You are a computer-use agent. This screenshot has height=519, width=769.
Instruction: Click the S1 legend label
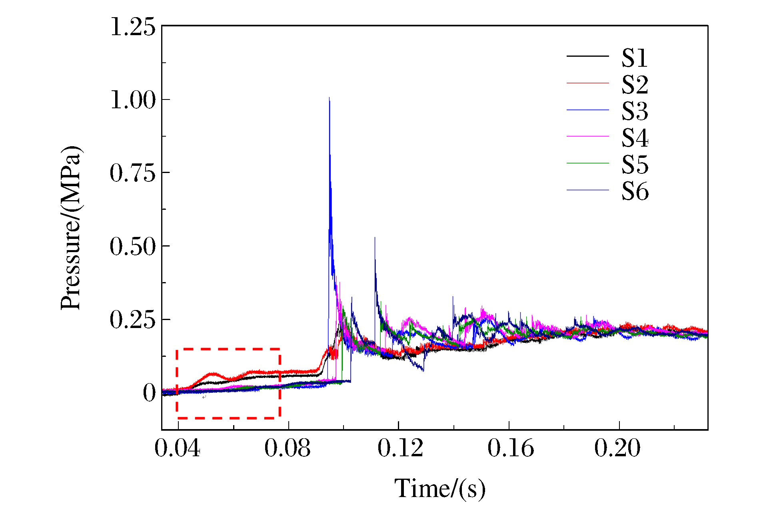tap(634, 58)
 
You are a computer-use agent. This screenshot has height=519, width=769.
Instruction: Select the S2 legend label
tap(634, 85)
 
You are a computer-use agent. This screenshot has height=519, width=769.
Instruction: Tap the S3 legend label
tap(634, 111)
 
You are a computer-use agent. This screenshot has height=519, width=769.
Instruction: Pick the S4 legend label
tap(634, 138)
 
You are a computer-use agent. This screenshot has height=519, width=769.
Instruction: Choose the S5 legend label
tap(634, 165)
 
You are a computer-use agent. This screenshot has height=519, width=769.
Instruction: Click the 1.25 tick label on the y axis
tap(133, 27)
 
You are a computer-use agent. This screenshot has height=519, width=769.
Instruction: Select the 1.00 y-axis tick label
tap(133, 100)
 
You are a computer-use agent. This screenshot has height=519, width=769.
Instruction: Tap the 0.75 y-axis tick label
tap(133, 173)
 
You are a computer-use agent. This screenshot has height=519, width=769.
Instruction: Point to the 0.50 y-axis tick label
tap(133, 246)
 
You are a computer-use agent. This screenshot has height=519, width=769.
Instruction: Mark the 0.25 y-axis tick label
tap(133, 319)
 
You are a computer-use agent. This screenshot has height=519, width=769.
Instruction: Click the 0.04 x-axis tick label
tap(178, 448)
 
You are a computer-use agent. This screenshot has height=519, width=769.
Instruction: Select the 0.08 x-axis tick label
tap(288, 448)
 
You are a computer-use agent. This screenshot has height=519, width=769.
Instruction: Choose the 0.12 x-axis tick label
tap(400, 448)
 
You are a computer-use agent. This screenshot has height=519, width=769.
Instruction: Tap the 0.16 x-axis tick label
tap(511, 448)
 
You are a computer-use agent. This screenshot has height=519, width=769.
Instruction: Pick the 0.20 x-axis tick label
tap(617, 448)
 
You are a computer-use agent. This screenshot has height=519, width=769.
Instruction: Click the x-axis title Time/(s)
tap(440, 488)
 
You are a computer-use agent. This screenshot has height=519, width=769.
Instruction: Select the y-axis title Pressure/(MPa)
tap(71, 228)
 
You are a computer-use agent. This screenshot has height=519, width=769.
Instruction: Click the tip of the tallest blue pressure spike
tap(329, 97)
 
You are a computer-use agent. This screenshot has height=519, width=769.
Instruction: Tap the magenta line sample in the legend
tap(587, 137)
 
